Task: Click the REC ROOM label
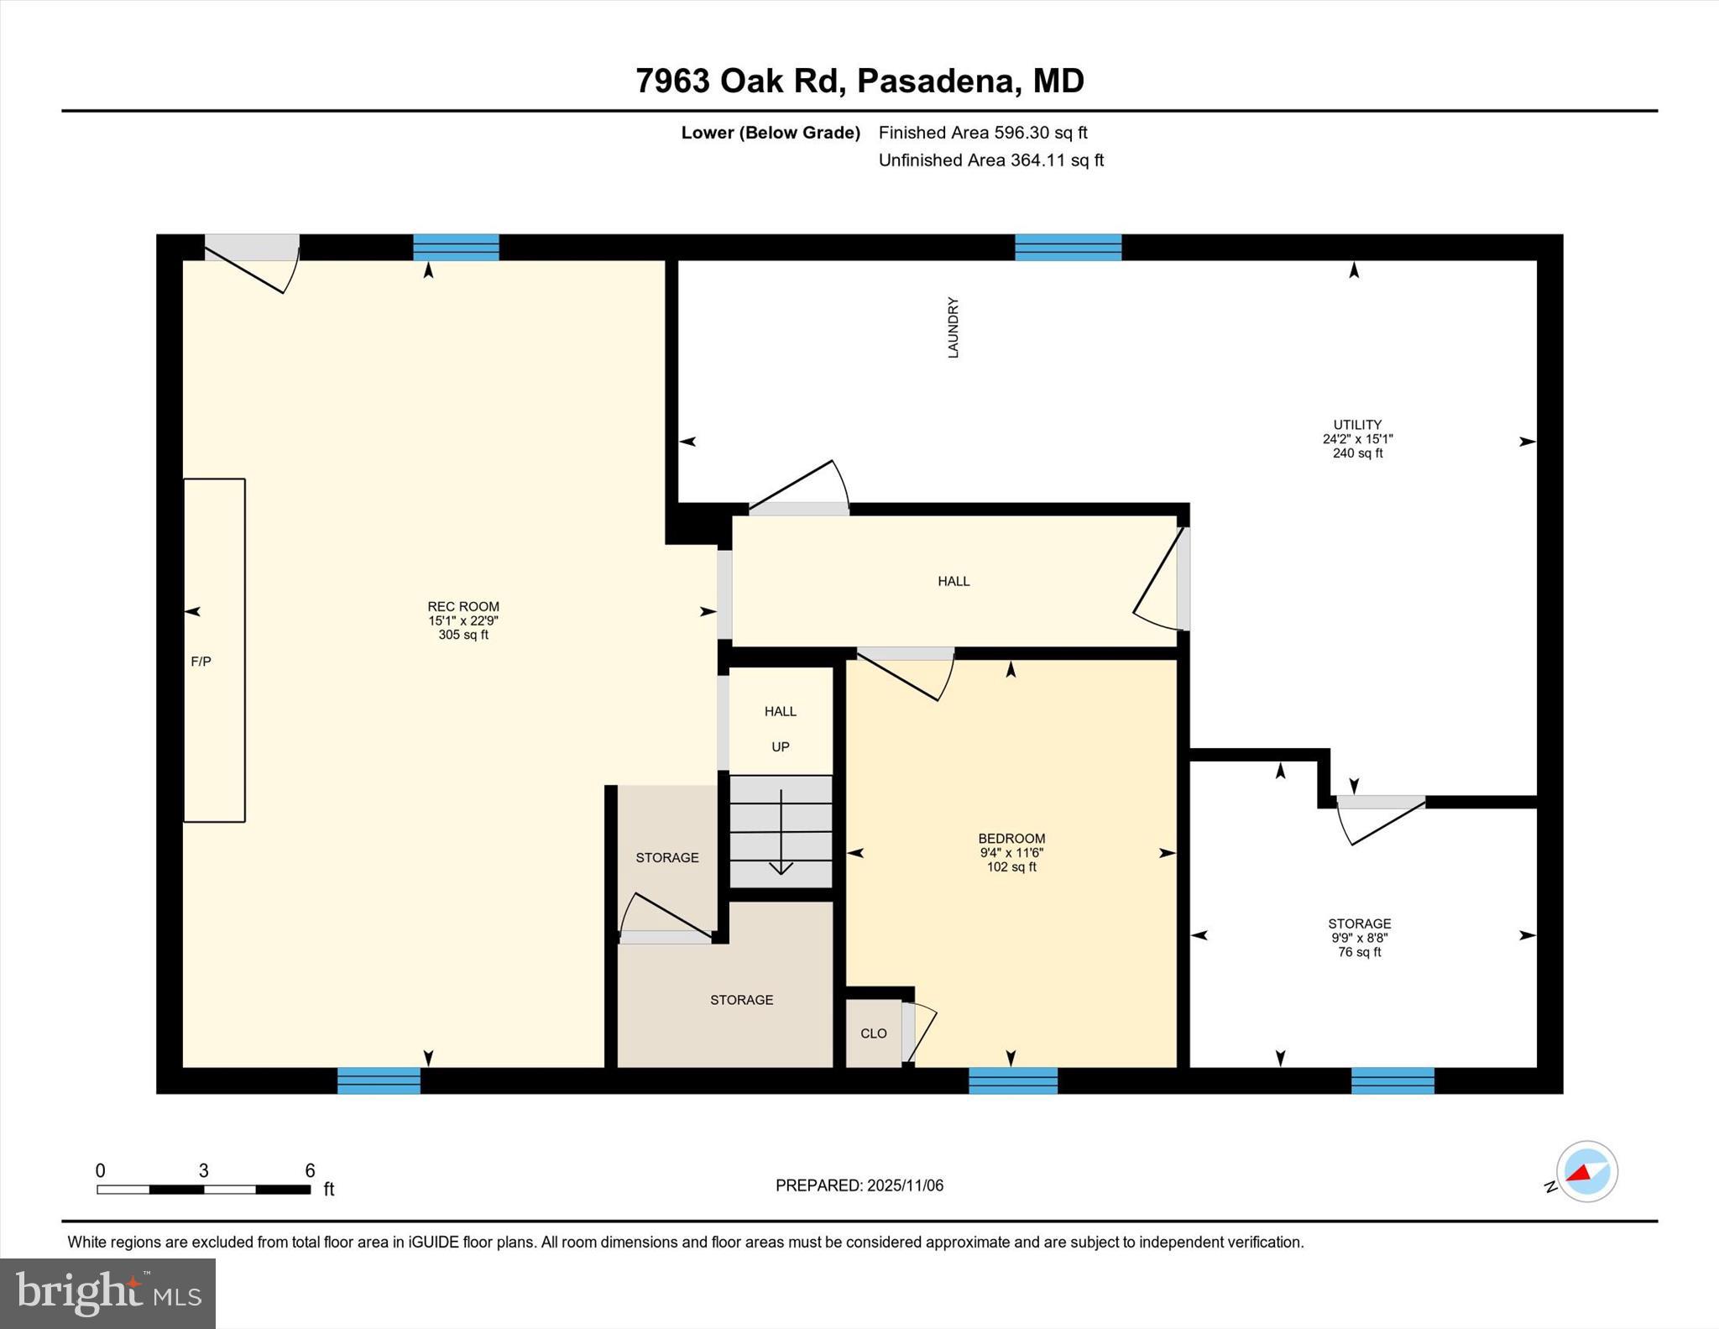tap(463, 606)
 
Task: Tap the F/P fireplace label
tap(201, 662)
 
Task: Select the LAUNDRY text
tap(953, 327)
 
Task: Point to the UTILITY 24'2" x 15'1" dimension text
tap(1357, 439)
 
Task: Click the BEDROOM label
tap(1011, 838)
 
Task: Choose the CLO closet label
tap(873, 1033)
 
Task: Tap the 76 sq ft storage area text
tap(1359, 952)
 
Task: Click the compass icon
tap(1586, 1171)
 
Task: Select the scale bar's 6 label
tap(310, 1170)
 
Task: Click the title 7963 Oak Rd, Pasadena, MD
tap(859, 81)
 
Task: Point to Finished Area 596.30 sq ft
tap(982, 133)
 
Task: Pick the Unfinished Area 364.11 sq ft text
tap(990, 160)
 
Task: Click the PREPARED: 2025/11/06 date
tap(859, 1185)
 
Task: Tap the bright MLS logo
tap(107, 1293)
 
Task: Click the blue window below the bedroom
tap(1013, 1080)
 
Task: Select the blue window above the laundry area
tap(1068, 248)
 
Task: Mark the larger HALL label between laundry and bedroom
tap(954, 581)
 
